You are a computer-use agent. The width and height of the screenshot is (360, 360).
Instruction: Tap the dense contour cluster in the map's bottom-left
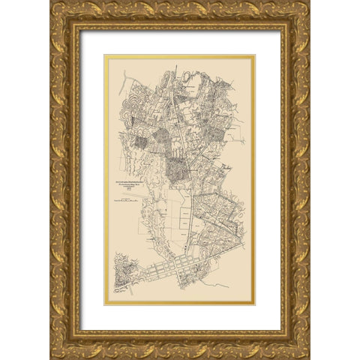pos(125,274)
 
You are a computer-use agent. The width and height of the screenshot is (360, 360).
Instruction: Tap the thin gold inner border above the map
pos(180,55)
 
